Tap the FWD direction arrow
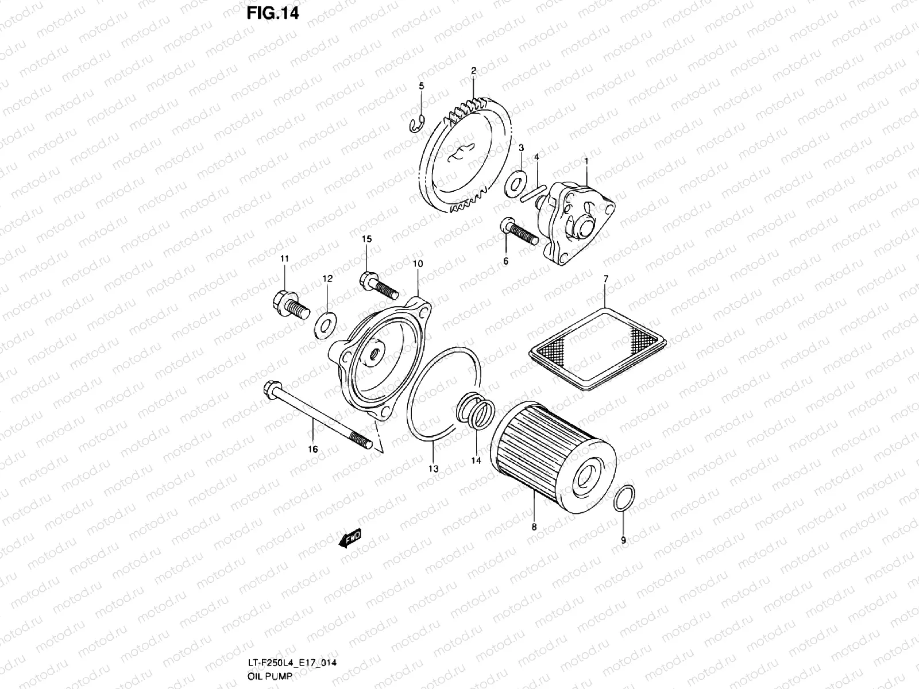[x=350, y=538]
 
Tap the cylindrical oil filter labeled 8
[x=551, y=454]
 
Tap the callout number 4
[x=536, y=157]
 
